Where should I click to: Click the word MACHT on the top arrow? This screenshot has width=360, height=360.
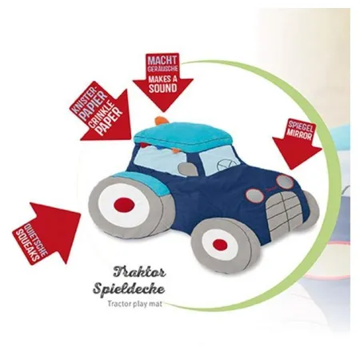pyautogui.click(x=162, y=60)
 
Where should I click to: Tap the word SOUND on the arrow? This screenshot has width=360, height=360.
pyautogui.click(x=163, y=88)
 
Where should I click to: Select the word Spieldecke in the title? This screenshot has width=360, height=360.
pyautogui.click(x=129, y=288)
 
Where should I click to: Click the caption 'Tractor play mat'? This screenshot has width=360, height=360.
pyautogui.click(x=134, y=304)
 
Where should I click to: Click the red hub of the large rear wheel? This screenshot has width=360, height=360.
pyautogui.click(x=124, y=204)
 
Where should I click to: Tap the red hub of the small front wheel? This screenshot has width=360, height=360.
pyautogui.click(x=220, y=244)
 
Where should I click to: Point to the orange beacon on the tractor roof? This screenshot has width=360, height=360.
pyautogui.click(x=162, y=121)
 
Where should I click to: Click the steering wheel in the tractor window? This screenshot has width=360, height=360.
pyautogui.click(x=225, y=164)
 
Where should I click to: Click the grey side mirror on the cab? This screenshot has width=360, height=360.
pyautogui.click(x=188, y=169)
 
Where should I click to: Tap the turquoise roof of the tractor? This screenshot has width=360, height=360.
pyautogui.click(x=183, y=137)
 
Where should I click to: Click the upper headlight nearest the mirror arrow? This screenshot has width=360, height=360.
pyautogui.click(x=285, y=181)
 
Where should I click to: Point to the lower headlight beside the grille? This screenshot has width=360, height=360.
pyautogui.click(x=254, y=195)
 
